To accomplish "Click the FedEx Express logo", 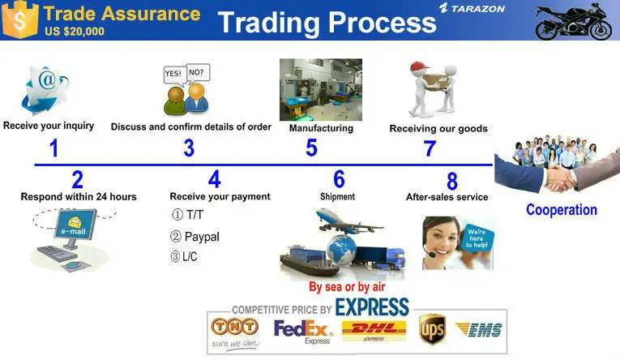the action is click(x=303, y=332).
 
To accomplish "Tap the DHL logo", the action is click(x=374, y=331).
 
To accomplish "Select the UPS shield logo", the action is click(x=432, y=329).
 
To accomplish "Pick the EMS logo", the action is click(x=479, y=329).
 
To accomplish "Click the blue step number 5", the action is click(x=311, y=148).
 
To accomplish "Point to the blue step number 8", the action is click(x=452, y=181).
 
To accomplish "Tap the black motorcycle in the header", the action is click(x=573, y=22).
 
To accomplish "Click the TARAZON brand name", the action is click(x=477, y=9).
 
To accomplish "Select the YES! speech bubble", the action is click(x=174, y=75).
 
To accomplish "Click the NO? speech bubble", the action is click(x=197, y=73).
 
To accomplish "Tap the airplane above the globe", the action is click(x=348, y=221).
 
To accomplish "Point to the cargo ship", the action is click(x=309, y=261).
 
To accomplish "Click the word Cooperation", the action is click(x=562, y=210).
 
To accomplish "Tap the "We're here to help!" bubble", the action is click(x=477, y=238).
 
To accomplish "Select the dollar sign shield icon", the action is click(x=19, y=19).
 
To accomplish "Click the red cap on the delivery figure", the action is click(x=419, y=66).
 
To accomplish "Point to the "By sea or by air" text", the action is click(x=347, y=287).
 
